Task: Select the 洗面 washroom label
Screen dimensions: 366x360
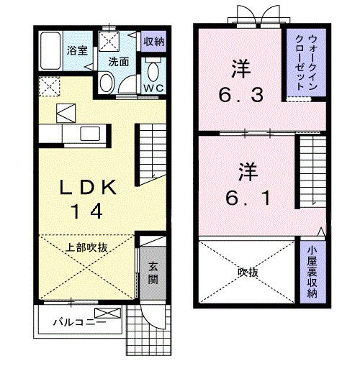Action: tap(119, 62)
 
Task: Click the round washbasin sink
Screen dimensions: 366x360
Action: tap(106, 84)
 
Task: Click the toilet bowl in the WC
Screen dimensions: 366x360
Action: tap(153, 70)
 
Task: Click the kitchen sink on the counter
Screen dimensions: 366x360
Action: tap(91, 133)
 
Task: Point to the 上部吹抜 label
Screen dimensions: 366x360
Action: tap(86, 247)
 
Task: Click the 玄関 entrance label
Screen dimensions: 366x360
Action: tap(153, 271)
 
